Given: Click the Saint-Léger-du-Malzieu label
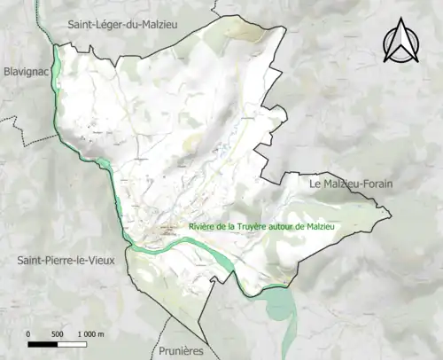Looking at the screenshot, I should pos(123,25).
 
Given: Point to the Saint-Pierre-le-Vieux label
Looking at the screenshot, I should pos(67,261).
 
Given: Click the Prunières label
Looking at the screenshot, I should pos(182,350).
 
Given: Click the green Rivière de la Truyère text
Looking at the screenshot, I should pos(264,226).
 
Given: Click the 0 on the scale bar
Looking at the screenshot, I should pos(28,333).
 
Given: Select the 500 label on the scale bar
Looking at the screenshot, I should pos(57,333).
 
